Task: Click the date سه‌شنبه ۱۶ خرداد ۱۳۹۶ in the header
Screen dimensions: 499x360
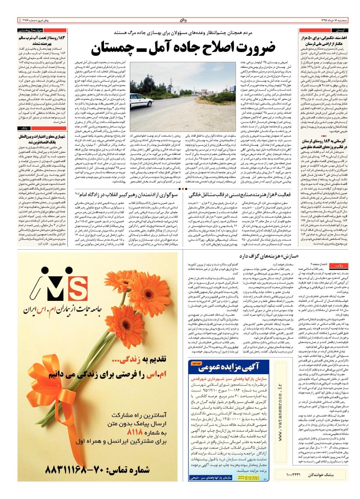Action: [331, 20]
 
